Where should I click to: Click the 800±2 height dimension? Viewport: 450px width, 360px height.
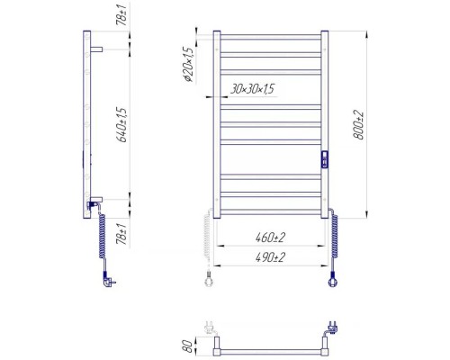click(358, 125)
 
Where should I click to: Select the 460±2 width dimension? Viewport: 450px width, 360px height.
click(270, 238)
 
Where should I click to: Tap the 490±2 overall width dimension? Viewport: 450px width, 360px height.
click(270, 257)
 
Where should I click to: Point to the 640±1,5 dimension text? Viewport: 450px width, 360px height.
click(123, 125)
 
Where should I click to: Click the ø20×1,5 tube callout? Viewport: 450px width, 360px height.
click(188, 65)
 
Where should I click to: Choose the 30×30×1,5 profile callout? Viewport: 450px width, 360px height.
click(252, 89)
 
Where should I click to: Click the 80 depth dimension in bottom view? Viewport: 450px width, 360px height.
click(187, 346)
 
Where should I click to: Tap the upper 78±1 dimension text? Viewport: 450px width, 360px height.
click(121, 13)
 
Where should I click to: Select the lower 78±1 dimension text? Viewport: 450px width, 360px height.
click(121, 234)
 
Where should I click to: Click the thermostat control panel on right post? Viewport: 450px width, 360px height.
click(325, 159)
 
